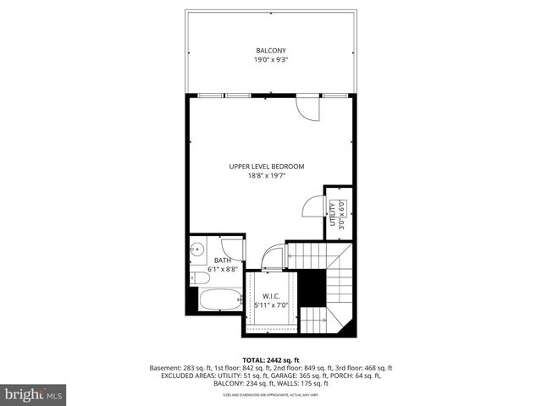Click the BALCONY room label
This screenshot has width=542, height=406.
tap(271, 50)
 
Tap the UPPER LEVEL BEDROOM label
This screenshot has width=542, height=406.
tap(267, 166)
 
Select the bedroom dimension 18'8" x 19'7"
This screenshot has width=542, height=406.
tap(267, 176)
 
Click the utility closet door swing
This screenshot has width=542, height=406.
tap(313, 207)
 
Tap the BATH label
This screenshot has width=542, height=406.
tap(222, 261)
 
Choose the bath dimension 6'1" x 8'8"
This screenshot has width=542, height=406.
tap(222, 270)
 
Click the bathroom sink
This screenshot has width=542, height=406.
tap(196, 249)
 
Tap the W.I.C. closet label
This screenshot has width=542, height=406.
tap(270, 295)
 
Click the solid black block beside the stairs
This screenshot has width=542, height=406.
tap(313, 288)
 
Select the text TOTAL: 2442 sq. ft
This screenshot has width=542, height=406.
tap(271, 360)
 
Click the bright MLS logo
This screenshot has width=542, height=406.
tap(34, 394)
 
